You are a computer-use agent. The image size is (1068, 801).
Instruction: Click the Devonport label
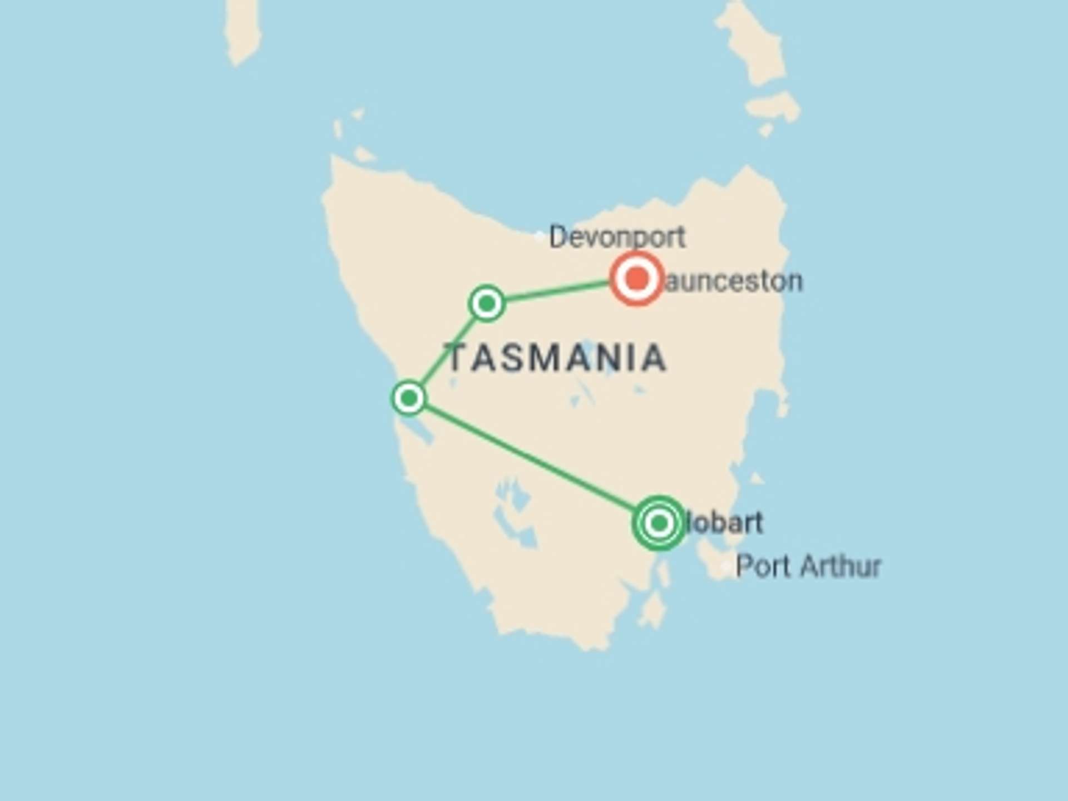point(616,238)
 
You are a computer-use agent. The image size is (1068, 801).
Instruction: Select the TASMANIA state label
point(556,358)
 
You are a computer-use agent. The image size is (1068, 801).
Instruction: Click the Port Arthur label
point(808,567)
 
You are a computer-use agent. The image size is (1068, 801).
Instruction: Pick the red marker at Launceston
point(637,278)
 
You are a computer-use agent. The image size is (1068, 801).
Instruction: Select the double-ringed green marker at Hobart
point(659,523)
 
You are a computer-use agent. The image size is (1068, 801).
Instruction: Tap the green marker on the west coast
point(409,398)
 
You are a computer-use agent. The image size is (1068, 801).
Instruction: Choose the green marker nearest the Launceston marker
point(487,303)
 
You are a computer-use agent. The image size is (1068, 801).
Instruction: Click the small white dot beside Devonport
point(538,236)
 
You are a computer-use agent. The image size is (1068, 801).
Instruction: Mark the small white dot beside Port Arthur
point(725,567)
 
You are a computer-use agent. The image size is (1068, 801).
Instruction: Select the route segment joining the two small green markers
point(448,350)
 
